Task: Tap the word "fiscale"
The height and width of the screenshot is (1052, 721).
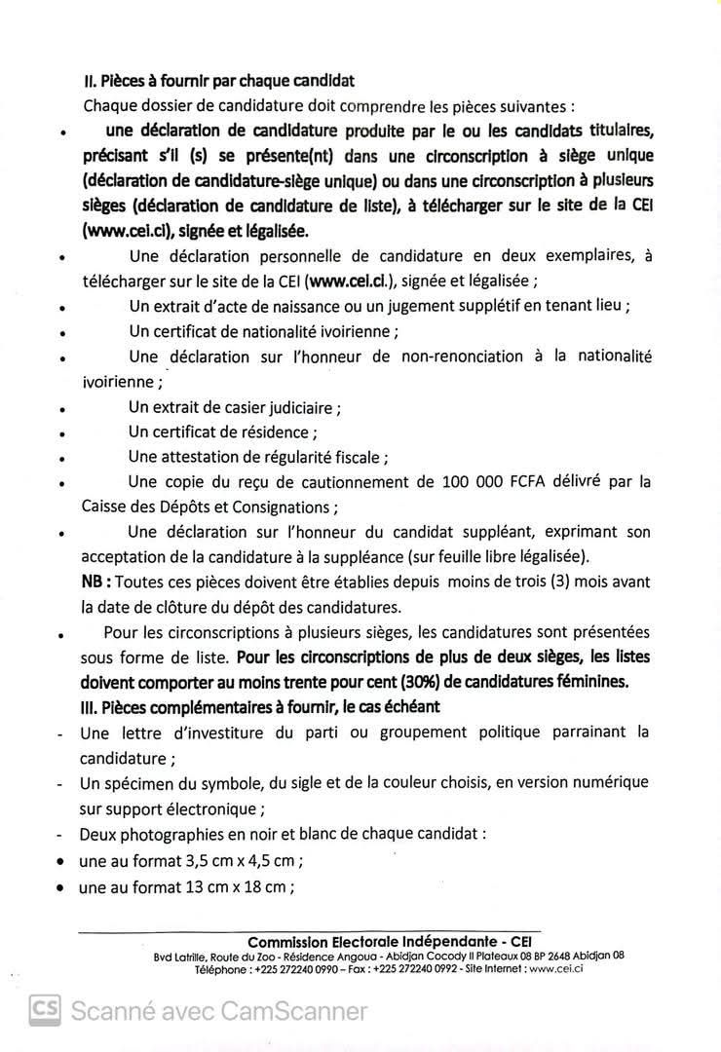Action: point(357,457)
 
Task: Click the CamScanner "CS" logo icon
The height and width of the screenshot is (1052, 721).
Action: point(44,1010)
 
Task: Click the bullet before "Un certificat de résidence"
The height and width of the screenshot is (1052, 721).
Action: point(61,432)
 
